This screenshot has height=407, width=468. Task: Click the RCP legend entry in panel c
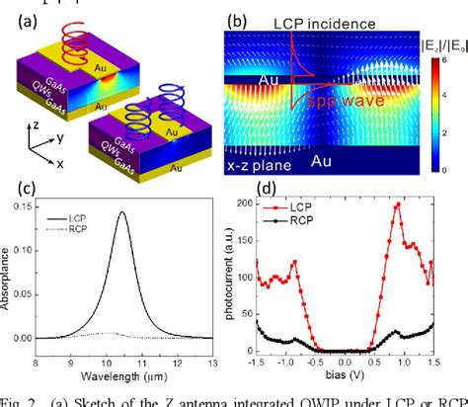pyautogui.click(x=85, y=229)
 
